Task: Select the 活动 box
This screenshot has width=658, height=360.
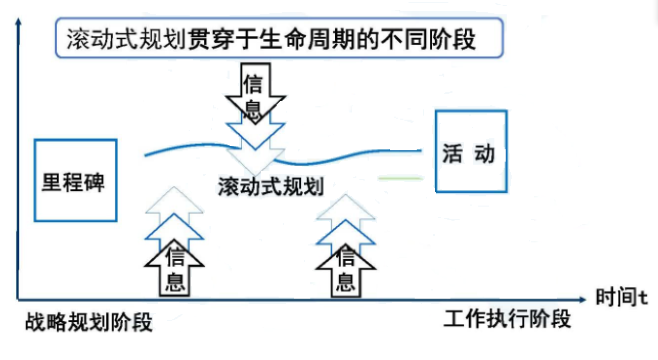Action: coord(470,151)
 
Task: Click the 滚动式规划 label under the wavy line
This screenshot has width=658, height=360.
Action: coord(270,186)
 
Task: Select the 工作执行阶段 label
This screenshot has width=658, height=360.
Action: coord(507,319)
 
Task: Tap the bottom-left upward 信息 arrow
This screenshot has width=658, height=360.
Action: coord(174,271)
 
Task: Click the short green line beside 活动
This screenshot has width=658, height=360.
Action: coord(401,178)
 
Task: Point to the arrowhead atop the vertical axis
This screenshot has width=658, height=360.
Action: coord(18,21)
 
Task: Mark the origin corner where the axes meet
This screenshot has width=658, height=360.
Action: coord(18,299)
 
